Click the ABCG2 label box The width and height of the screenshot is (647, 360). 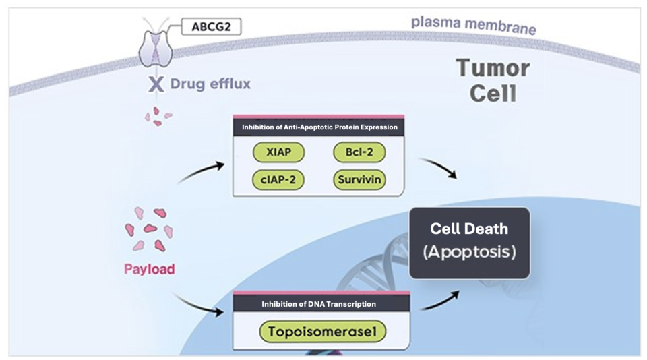211,27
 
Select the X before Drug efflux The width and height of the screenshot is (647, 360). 156,84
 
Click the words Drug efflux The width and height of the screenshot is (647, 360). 210,84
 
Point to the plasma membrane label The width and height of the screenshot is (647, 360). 474,25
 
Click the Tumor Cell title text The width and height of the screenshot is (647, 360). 492,80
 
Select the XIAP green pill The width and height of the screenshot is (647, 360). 278,152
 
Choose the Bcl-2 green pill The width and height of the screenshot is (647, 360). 359,152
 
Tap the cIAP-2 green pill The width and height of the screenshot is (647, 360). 278,180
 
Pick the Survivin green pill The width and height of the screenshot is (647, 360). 359,180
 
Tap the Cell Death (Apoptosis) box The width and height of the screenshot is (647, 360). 469,243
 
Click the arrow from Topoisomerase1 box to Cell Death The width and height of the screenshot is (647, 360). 441,301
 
